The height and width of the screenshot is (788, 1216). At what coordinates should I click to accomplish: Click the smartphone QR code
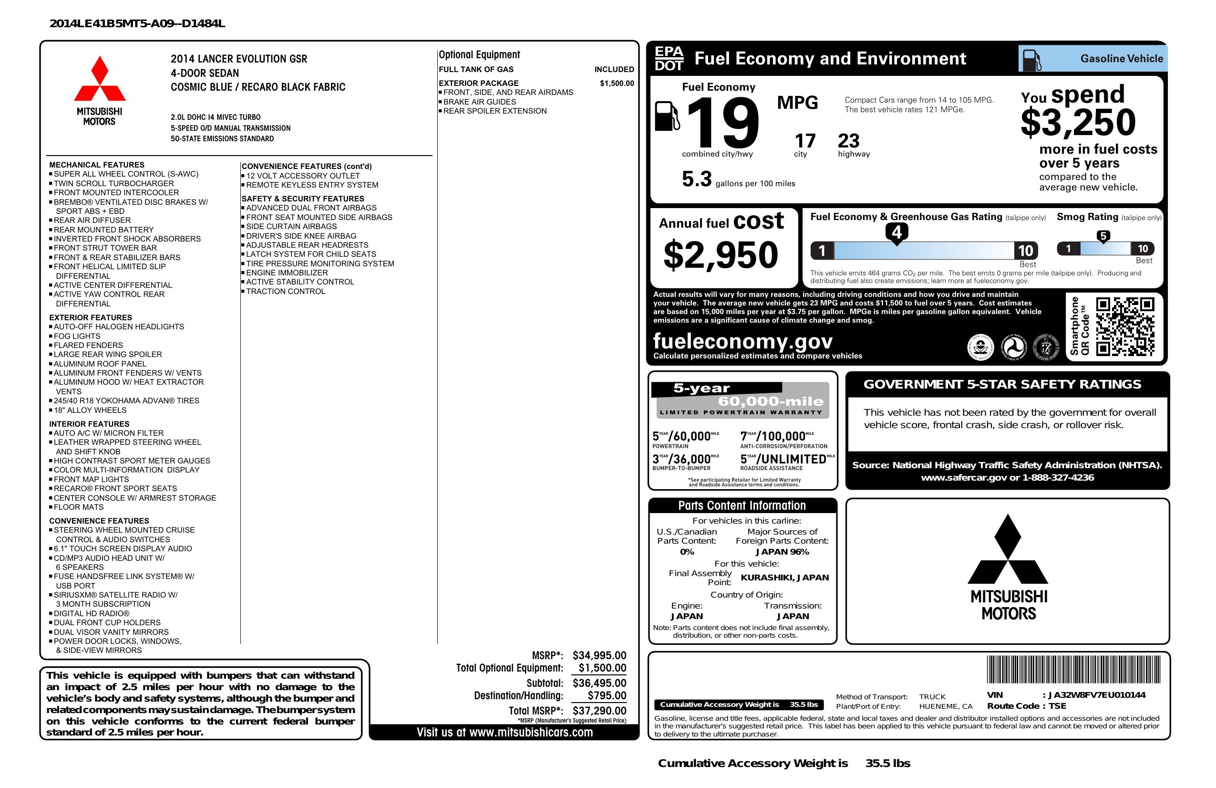[x=1124, y=326]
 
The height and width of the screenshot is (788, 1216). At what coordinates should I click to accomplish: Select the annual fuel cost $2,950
[x=721, y=255]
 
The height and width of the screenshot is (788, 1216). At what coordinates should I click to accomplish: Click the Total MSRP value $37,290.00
[x=599, y=710]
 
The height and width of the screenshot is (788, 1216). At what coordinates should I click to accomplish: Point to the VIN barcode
[x=1073, y=670]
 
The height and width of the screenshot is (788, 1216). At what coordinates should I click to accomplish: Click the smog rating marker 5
[x=1103, y=236]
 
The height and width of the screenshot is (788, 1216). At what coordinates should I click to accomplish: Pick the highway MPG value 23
[x=849, y=141]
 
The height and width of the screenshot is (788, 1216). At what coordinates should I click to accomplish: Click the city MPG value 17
[x=805, y=141]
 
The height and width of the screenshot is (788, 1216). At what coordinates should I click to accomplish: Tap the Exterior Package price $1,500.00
[x=617, y=84]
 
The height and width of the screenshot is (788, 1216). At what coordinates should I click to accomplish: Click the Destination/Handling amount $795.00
[x=607, y=695]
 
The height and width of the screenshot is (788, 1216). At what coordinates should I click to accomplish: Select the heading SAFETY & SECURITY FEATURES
[x=303, y=199]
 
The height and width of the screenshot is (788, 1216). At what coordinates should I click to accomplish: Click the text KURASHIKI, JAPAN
[x=785, y=578]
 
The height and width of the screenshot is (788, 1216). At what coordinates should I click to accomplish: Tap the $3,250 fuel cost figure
[x=1078, y=122]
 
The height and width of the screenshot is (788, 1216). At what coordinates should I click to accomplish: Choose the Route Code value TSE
[x=1057, y=706]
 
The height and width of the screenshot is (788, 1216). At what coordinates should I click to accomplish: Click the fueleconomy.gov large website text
[x=743, y=341]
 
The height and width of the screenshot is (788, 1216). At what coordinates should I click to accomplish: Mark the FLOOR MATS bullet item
[x=79, y=507]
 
